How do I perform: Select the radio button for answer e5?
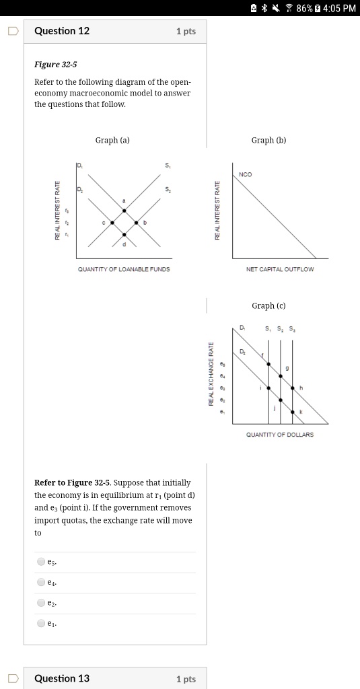point(42,561)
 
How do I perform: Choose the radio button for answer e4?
point(42,582)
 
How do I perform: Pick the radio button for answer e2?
point(42,603)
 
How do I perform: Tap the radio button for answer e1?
point(42,624)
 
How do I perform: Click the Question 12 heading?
point(61,31)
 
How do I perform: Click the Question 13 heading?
point(61,678)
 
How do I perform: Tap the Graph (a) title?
point(112,140)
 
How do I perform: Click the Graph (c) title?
point(268,305)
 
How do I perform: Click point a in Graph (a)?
point(124,211)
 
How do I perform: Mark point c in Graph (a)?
point(112,222)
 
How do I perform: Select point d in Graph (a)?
point(124,235)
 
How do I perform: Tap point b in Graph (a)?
point(137,222)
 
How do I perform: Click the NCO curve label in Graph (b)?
point(246,175)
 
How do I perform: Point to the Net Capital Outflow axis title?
point(280,269)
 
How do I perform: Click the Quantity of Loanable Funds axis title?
point(124,269)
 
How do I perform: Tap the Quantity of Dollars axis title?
point(280,435)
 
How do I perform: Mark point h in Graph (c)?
point(292,388)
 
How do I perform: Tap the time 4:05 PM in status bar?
point(339,8)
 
